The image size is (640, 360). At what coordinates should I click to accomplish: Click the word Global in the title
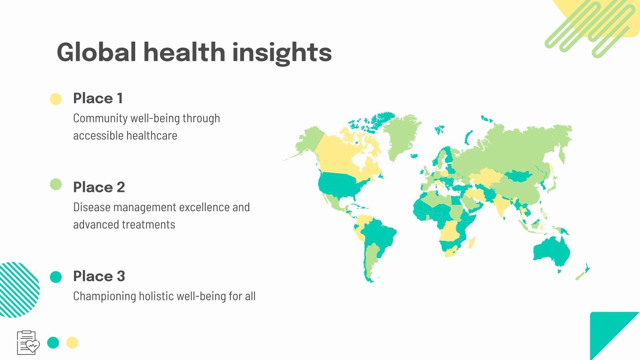(x=96, y=52)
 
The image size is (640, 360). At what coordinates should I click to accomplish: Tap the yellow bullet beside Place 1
(x=56, y=99)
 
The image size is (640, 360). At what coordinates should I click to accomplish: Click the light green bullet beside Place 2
(x=56, y=184)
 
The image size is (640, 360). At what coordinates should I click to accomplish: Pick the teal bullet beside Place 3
(x=56, y=277)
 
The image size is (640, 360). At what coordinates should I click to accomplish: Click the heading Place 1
(x=98, y=98)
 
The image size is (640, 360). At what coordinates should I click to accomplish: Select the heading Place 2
(x=99, y=187)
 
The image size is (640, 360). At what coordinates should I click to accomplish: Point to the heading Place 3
(x=99, y=276)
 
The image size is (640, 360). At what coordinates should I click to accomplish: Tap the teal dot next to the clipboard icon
(x=53, y=342)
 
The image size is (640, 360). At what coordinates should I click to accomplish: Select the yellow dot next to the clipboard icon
(x=72, y=342)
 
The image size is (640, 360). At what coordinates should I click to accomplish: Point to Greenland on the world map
(x=402, y=134)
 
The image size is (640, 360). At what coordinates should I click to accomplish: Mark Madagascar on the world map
(x=472, y=242)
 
